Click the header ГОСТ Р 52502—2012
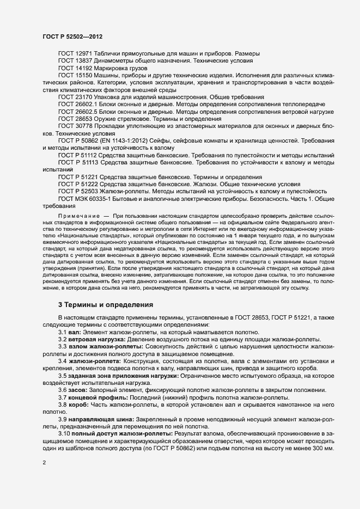(72, 36)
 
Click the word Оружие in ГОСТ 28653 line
(112, 119)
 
